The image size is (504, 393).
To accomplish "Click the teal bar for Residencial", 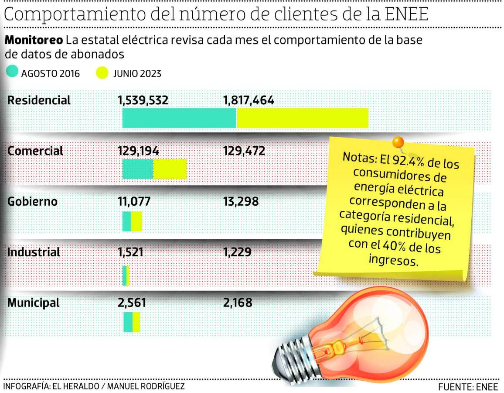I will coord(179,118).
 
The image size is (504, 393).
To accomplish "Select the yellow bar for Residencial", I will coord(303,118).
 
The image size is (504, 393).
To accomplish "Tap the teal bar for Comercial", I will coord(138,169).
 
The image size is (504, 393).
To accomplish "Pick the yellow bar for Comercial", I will coord(170,169).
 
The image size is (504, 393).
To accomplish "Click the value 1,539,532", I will coord(143,101).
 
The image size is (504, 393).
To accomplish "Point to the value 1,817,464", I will coord(249,101).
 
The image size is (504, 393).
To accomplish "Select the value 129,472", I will coord(244,151).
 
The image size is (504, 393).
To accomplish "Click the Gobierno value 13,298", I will coord(241,202).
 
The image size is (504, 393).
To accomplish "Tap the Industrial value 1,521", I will coord(131,252).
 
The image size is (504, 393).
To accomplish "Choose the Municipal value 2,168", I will coord(238,303).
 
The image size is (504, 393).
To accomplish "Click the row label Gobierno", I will coord(33,202).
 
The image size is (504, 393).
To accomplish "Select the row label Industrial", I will coord(34,252).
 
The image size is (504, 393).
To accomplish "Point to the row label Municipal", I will coord(34,303).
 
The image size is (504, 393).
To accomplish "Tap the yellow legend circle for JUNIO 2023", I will coord(102,72).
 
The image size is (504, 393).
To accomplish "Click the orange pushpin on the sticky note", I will coord(398,142).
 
